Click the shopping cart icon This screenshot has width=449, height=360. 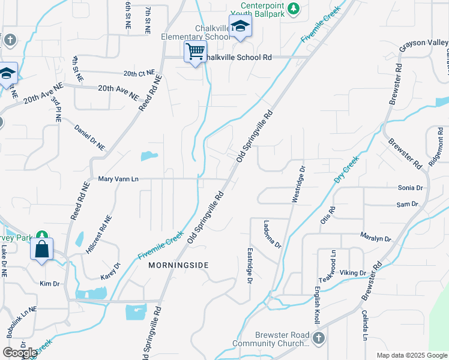click(x=195, y=52)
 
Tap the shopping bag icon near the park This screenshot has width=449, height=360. click(x=42, y=248)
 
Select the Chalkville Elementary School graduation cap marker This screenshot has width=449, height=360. click(x=240, y=26)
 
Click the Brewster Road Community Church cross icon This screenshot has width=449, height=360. click(x=318, y=338)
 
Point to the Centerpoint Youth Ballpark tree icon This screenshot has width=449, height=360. click(x=293, y=8)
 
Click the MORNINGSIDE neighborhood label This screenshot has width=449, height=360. click(x=178, y=265)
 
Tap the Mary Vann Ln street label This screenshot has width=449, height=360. click(x=118, y=179)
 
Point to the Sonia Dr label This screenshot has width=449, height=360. click(x=411, y=188)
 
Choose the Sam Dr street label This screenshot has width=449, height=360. click(x=407, y=205)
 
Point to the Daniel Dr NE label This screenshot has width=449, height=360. click(x=89, y=137)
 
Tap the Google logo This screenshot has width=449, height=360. click(x=20, y=353)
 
